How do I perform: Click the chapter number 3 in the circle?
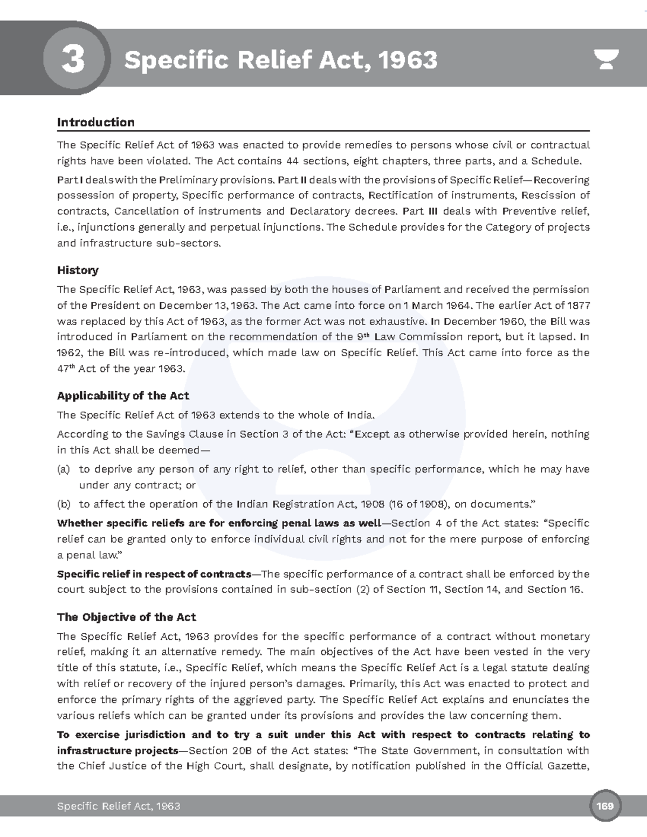(x=73, y=60)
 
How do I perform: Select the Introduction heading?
(x=95, y=122)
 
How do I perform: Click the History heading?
(x=78, y=270)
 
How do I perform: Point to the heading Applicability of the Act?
(x=123, y=396)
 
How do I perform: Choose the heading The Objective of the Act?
(x=126, y=617)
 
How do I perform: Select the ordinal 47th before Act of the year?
(x=65, y=369)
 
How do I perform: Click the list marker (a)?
(x=64, y=469)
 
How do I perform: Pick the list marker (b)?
(x=64, y=504)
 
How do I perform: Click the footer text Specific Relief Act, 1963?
(x=118, y=806)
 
